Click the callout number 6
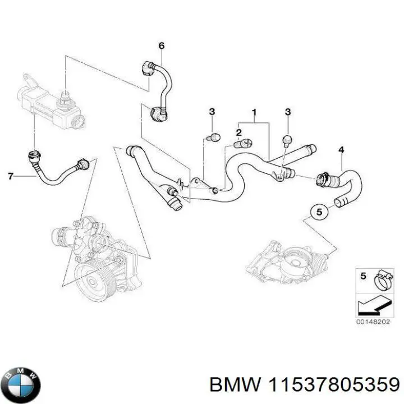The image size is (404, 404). [x=162, y=45]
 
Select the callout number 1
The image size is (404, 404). [x=254, y=112]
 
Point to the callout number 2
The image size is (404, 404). [x=238, y=133]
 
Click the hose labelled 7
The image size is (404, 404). [x=56, y=173]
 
